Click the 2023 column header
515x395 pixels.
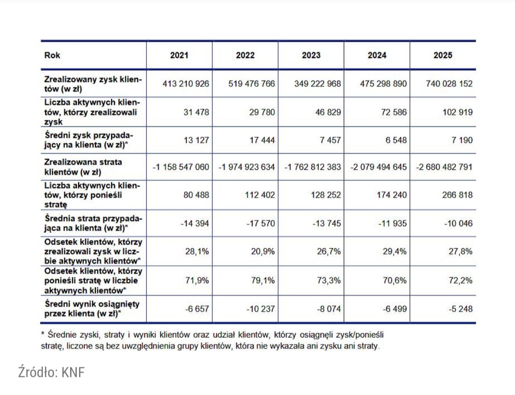click(x=311, y=55)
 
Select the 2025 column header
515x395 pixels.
click(x=443, y=55)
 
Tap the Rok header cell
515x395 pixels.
click(x=52, y=55)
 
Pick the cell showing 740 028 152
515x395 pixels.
click(x=449, y=84)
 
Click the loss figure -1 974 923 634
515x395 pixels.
click(x=247, y=168)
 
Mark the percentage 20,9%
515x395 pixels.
click(x=263, y=252)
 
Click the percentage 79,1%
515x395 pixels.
click(x=263, y=280)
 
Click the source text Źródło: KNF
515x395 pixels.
click(x=51, y=373)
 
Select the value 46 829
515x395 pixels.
click(x=325, y=112)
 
